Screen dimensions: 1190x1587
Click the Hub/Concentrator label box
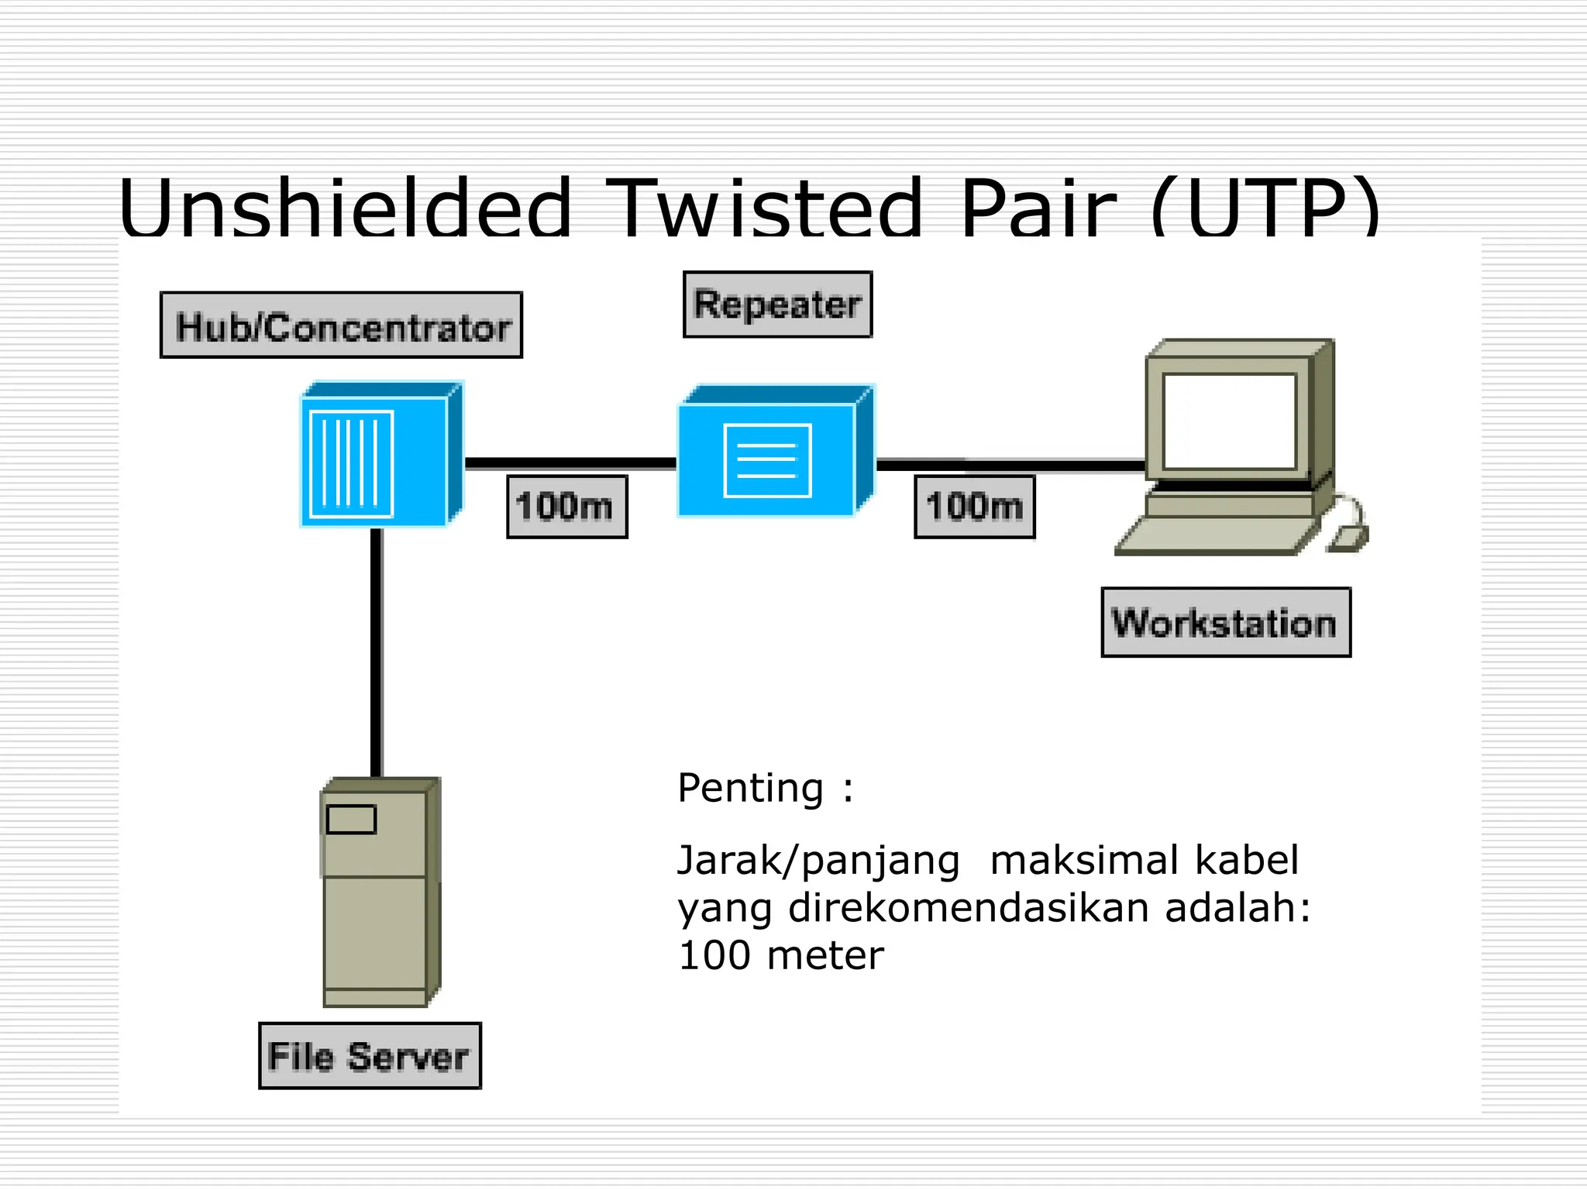(341, 325)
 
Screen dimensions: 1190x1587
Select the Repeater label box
(777, 304)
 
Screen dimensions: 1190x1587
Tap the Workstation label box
(1225, 623)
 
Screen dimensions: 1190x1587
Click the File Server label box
(370, 1056)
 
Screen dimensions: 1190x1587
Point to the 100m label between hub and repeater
(566, 507)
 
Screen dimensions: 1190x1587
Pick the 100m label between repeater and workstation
(974, 507)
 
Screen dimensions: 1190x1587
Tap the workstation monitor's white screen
(1229, 421)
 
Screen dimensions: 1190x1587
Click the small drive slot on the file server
(351, 819)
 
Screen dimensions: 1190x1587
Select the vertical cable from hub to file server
(377, 651)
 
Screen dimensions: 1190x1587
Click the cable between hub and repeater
(570, 463)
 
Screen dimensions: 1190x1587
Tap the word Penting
(750, 789)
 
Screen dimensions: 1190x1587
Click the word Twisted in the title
(763, 208)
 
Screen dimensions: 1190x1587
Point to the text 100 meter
(780, 955)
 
